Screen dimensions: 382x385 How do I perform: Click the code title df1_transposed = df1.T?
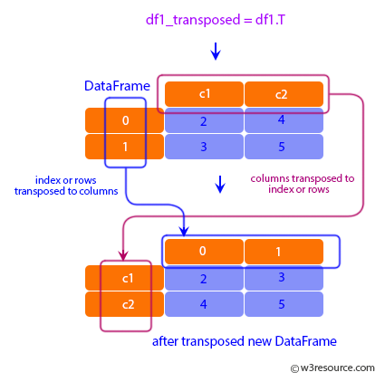click(x=215, y=19)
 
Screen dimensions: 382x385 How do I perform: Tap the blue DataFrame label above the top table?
click(x=117, y=86)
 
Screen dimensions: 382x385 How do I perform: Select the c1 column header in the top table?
click(x=204, y=94)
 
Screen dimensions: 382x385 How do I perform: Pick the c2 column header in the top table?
click(x=284, y=94)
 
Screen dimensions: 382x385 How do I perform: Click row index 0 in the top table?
click(x=125, y=120)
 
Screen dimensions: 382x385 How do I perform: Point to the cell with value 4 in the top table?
click(x=284, y=120)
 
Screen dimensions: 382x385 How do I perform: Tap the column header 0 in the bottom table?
click(x=204, y=251)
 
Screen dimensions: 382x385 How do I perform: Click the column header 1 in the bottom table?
click(x=284, y=251)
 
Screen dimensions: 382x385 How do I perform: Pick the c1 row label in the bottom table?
click(x=125, y=278)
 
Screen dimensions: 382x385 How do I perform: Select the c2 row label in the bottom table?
click(x=125, y=304)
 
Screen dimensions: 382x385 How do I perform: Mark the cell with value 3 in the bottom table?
click(x=284, y=278)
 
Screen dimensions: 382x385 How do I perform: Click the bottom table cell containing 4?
click(x=204, y=304)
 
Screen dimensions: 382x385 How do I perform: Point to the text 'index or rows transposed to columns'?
click(x=66, y=185)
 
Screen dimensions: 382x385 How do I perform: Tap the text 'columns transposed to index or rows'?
click(x=302, y=184)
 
